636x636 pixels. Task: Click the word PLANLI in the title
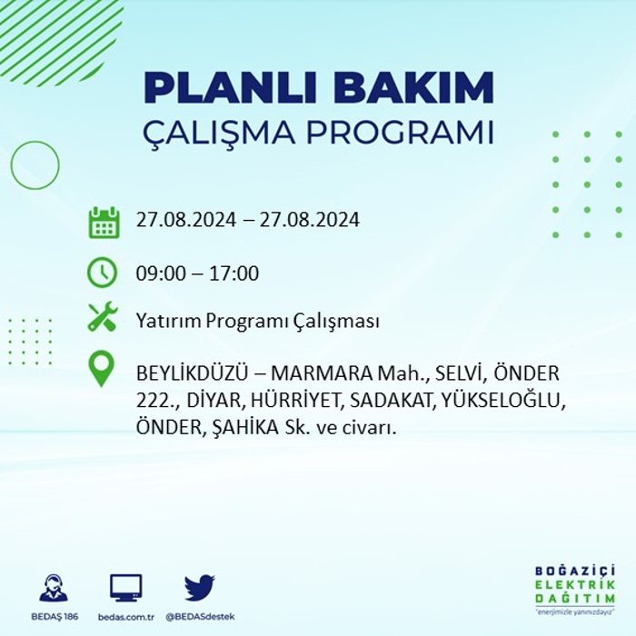point(230,88)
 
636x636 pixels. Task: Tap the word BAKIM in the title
point(413,88)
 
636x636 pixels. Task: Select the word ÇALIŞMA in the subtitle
point(219,133)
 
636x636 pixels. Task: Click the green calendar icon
point(104,223)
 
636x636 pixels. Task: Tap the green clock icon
point(102,273)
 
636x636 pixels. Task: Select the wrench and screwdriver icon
point(103,317)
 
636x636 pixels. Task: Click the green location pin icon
point(102,368)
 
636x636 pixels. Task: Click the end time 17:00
point(234,273)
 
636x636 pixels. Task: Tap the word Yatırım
point(169,321)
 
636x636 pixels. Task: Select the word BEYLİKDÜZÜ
point(192,373)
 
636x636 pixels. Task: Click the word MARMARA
point(322,373)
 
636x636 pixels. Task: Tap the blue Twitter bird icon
point(200,587)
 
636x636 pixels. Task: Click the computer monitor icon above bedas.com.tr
point(126,588)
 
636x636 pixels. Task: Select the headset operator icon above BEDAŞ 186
point(54,587)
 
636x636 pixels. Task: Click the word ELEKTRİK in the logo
point(575,585)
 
